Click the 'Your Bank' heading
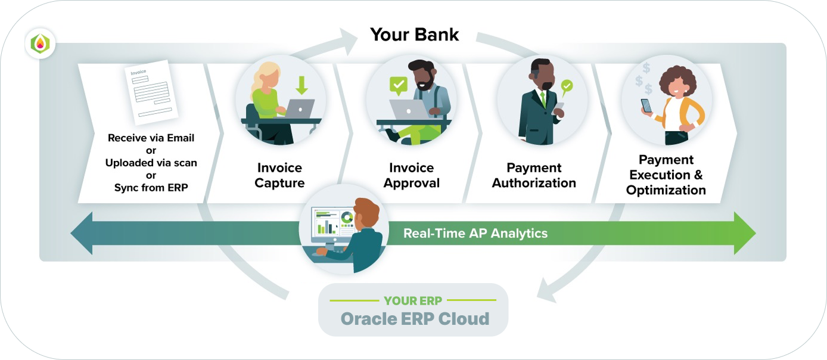[x=414, y=35]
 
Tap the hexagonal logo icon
[x=41, y=44]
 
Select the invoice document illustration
[x=151, y=92]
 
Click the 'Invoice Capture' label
[x=279, y=175]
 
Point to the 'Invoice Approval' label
[x=411, y=175]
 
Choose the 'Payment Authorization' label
[x=534, y=175]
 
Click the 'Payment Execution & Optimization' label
[x=666, y=175]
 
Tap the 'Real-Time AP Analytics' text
[x=475, y=234]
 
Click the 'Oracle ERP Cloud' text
[x=415, y=319]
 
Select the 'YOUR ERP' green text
[x=413, y=301]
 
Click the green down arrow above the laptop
[x=302, y=85]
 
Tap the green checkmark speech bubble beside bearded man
[x=399, y=86]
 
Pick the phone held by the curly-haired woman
[x=646, y=105]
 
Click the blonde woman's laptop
[x=299, y=108]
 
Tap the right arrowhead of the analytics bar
[x=745, y=234]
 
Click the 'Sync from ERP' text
[x=151, y=188]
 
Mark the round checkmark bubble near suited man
[x=567, y=86]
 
